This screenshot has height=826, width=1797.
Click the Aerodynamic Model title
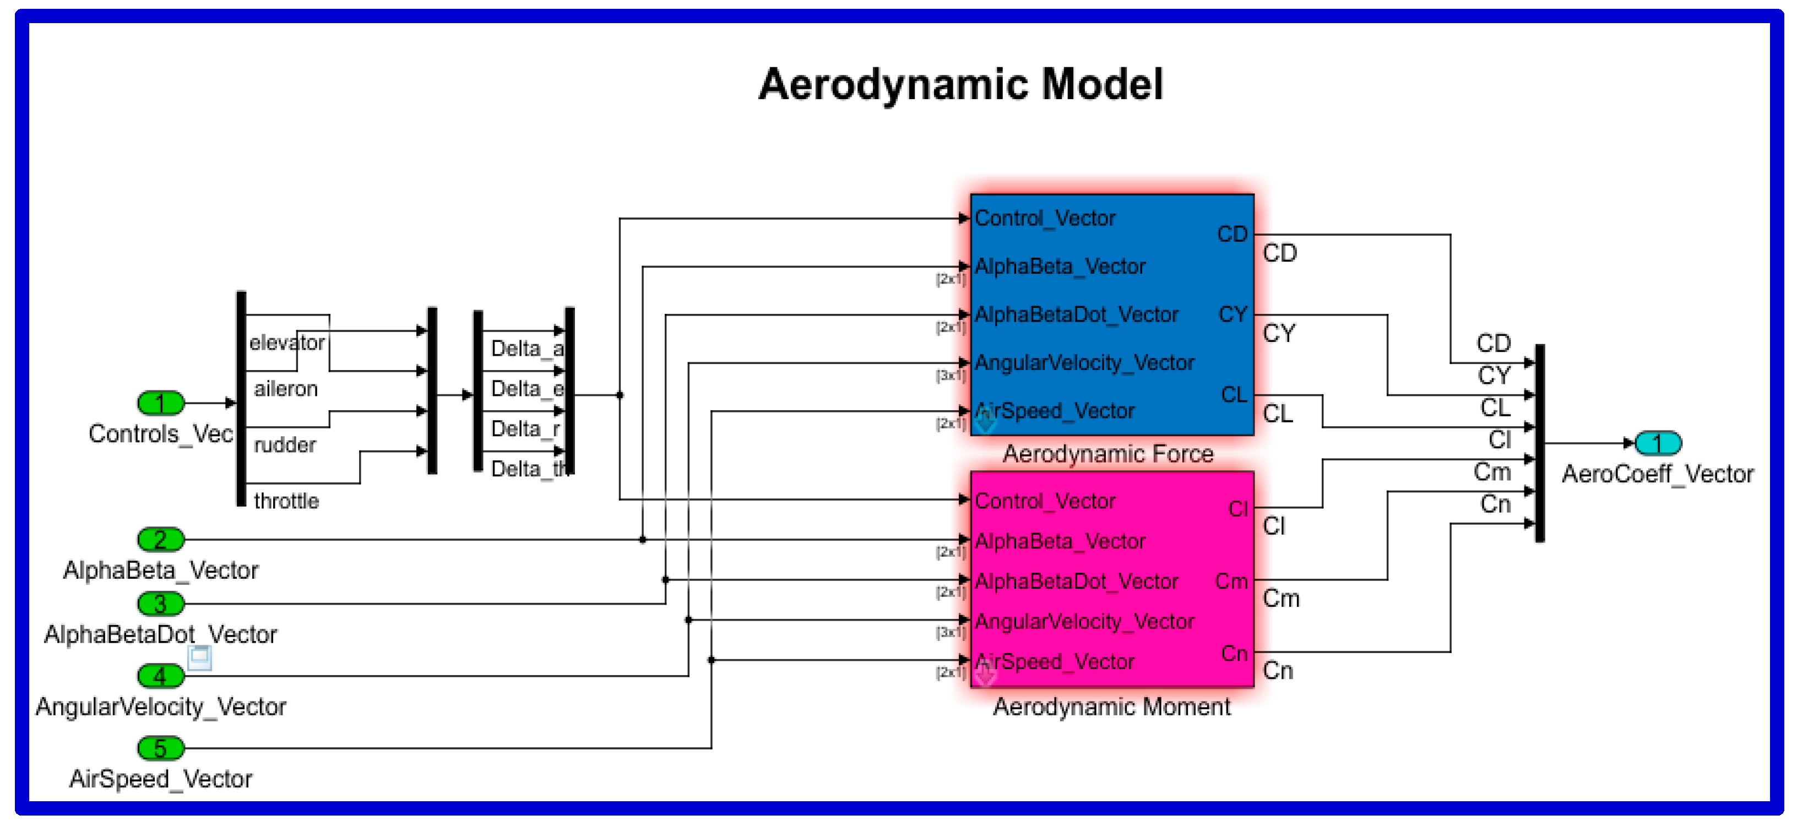point(960,84)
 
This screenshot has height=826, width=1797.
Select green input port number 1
point(160,403)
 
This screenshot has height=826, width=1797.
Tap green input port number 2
point(160,539)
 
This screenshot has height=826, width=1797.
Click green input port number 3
point(160,604)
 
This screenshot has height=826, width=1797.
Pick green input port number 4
point(160,675)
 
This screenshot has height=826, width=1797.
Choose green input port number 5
point(160,748)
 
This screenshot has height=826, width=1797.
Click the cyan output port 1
point(1658,443)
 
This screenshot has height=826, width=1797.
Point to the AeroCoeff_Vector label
point(1658,474)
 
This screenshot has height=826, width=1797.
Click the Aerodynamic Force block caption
point(1108,454)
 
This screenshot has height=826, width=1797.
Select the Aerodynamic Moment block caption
point(1111,707)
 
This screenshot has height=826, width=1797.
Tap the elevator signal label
point(287,343)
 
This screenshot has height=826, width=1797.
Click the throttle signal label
point(286,501)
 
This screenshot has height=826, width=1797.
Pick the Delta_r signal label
point(525,428)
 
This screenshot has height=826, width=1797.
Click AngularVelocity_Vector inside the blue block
point(1084,363)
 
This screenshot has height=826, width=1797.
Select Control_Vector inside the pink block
point(1044,501)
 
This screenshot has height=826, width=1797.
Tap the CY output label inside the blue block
point(1233,314)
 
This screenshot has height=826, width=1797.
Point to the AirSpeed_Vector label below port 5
point(160,779)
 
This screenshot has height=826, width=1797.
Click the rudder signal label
point(285,444)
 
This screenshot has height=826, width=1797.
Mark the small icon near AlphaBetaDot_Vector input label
point(199,656)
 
